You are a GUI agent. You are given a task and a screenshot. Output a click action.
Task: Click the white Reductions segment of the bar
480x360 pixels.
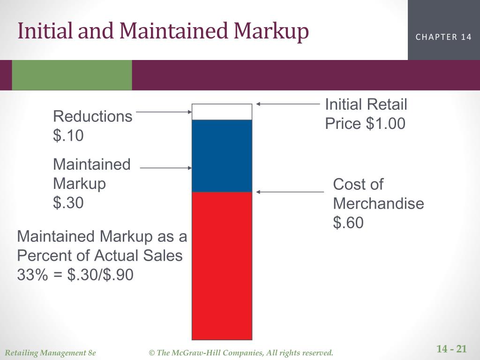[x=222, y=112]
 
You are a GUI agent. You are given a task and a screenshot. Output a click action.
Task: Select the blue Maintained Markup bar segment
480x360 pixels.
[x=222, y=156]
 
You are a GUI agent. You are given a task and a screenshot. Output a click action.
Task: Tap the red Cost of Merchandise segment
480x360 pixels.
[x=222, y=265]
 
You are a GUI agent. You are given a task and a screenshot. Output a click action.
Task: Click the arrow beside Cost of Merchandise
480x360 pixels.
[x=290, y=192]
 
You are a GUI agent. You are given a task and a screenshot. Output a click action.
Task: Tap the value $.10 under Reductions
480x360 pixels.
[x=68, y=136]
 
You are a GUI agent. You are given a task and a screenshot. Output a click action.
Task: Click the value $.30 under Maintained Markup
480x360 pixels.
[x=68, y=203]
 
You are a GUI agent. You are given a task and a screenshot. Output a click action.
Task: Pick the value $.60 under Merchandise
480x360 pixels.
[x=348, y=223]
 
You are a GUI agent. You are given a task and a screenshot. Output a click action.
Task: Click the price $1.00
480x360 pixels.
[x=385, y=124]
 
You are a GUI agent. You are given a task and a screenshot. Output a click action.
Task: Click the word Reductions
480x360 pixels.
[x=93, y=116]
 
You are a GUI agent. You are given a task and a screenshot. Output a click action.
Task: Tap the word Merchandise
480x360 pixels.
[x=378, y=204]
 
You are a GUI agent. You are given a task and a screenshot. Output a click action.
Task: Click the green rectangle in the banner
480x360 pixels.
[x=72, y=75]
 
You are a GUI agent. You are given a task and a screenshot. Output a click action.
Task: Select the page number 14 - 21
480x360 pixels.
[x=451, y=349]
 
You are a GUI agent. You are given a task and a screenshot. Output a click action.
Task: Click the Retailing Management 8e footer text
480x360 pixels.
[x=50, y=352]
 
